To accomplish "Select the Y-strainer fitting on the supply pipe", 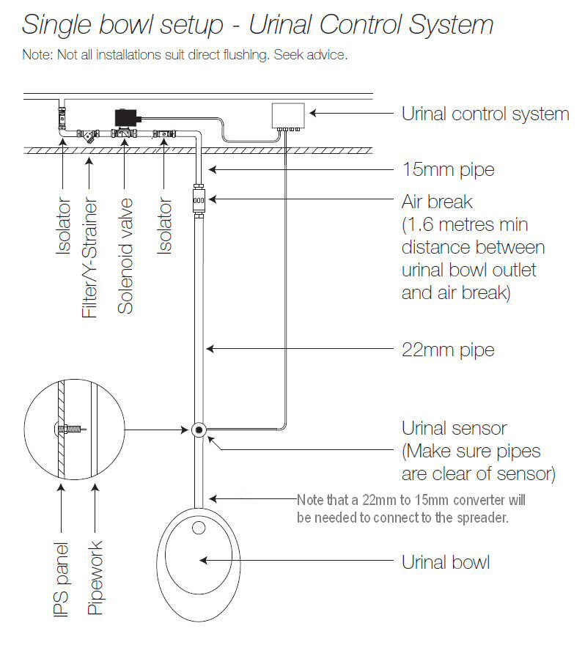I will tap(89, 136).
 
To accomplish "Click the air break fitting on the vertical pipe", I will tap(197, 199).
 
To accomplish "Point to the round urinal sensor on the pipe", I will tap(198, 430).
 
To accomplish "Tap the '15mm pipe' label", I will tap(447, 170).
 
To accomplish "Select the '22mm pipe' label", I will tap(447, 350).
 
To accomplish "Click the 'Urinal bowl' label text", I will tap(445, 562).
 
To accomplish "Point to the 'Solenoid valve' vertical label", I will tap(126, 256).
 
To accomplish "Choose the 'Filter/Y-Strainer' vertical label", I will tap(89, 258).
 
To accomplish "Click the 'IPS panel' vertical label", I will tap(61, 579).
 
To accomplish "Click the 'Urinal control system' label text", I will tap(485, 114).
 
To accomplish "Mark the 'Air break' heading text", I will tap(437, 202).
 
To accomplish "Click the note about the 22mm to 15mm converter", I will tap(411, 508).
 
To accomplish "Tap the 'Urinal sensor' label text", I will tap(454, 428).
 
